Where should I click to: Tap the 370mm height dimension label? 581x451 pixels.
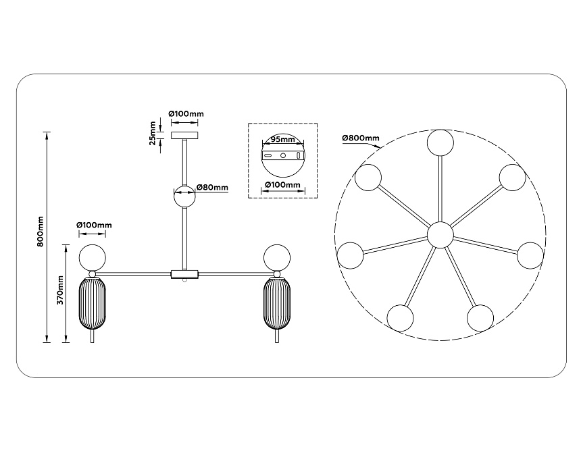coord(59,289)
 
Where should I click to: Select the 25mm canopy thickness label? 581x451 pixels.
coord(153,132)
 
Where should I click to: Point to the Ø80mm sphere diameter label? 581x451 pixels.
coord(212,188)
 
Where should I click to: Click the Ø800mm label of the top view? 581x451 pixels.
coord(361,138)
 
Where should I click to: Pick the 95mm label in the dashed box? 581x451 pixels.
coord(282,140)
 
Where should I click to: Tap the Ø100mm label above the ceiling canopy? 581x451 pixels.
coord(185,113)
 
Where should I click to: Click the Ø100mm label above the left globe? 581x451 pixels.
coord(94,225)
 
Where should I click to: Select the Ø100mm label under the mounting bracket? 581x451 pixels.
coord(282,184)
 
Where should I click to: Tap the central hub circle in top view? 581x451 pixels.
coord(440,234)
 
